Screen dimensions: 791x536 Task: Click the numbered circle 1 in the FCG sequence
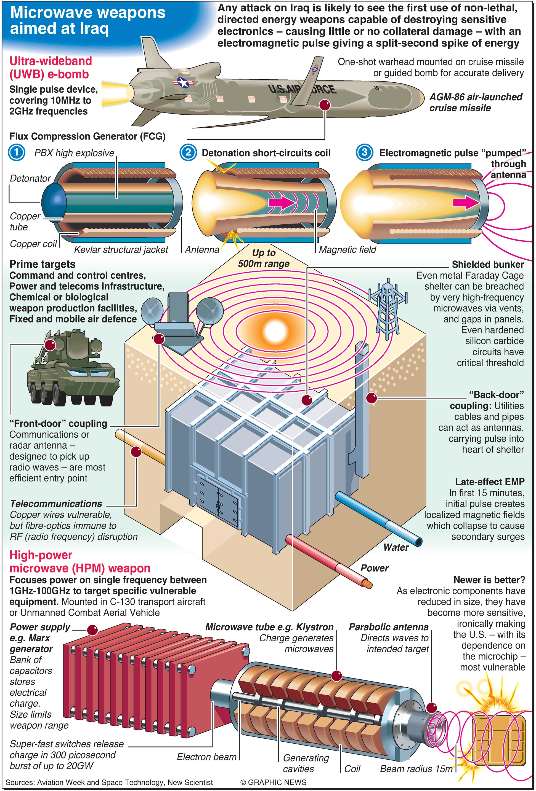coord(16,152)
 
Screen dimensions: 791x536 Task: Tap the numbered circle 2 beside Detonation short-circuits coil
coord(188,152)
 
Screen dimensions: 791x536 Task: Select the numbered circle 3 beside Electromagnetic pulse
coord(364,152)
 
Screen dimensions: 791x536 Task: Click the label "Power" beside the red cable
coord(374,568)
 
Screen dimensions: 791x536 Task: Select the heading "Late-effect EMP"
coord(490,482)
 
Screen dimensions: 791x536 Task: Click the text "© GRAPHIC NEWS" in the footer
coord(273,782)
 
